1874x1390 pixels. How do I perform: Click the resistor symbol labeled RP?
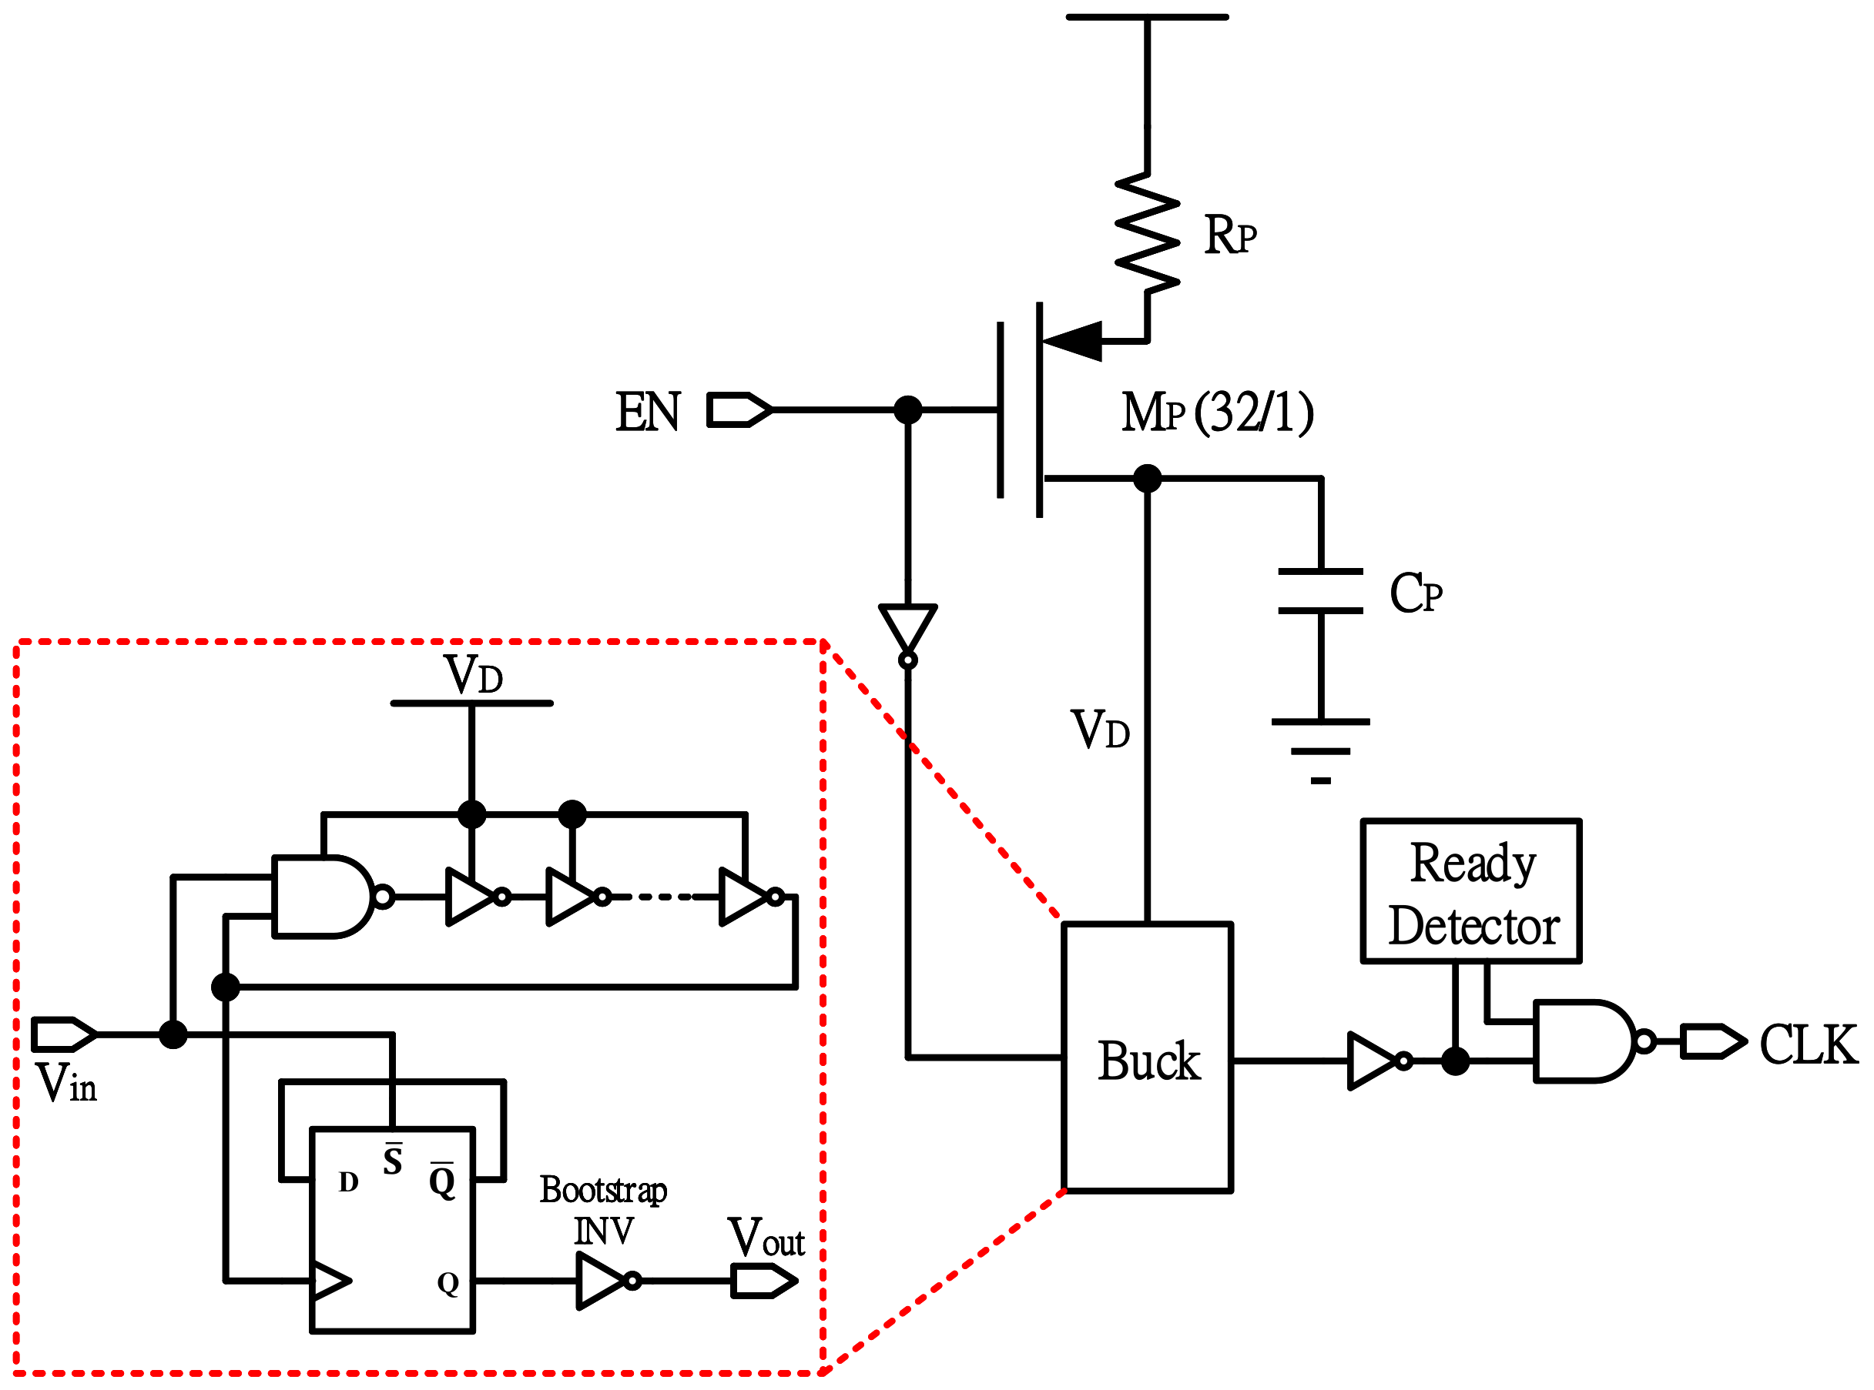click(1147, 233)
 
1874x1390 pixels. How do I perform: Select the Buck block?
click(1147, 1058)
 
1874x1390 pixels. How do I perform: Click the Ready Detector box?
click(1470, 891)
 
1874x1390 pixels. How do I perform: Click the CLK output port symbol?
click(1712, 1041)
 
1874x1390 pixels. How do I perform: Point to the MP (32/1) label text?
click(1216, 413)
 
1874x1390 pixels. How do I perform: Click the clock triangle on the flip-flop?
click(330, 1281)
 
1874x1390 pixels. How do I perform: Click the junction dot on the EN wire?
click(907, 409)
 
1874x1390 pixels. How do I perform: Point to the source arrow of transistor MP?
click(1074, 341)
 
